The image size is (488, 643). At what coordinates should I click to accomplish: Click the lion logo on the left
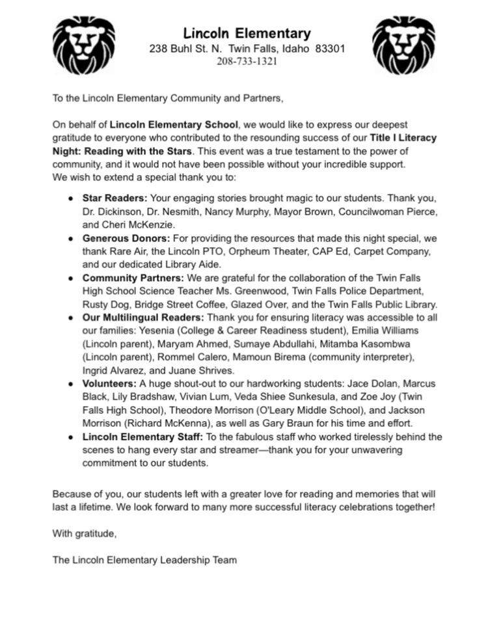click(x=83, y=44)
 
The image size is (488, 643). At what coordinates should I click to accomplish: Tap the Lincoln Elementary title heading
click(x=247, y=33)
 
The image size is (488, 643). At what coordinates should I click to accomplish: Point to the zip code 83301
click(x=326, y=49)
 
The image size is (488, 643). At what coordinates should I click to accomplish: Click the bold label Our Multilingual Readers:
click(x=143, y=318)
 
